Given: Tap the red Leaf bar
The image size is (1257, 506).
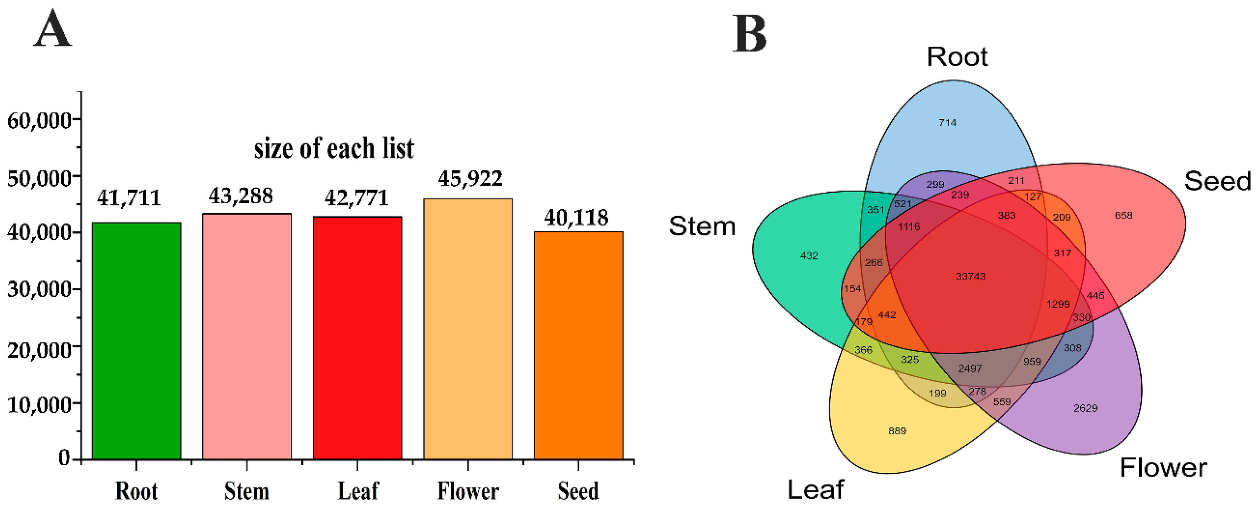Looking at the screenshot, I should tap(357, 337).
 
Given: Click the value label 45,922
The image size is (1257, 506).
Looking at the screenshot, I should tap(470, 179).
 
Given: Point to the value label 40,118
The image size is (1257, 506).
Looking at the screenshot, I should tap(576, 218).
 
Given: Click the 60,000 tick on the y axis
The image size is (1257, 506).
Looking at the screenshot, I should tap(39, 120).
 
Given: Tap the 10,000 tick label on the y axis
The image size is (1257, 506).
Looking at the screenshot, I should tap(39, 404).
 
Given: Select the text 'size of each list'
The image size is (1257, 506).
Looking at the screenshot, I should tap(334, 148).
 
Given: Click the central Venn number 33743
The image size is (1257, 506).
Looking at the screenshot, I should tap(971, 277).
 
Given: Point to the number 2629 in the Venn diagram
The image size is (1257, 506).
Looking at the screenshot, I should tap(1085, 408).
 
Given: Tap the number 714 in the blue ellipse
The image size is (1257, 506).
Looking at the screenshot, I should tap(947, 123).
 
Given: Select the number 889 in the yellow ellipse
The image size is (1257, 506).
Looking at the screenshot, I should tap(897, 431).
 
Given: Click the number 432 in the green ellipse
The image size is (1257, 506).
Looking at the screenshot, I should tap(809, 255).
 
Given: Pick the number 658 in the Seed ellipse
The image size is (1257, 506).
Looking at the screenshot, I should tap(1123, 215).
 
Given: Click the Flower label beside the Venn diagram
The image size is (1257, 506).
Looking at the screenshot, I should tap(1163, 468).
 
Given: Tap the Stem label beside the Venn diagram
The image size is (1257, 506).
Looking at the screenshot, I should tap(702, 226).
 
